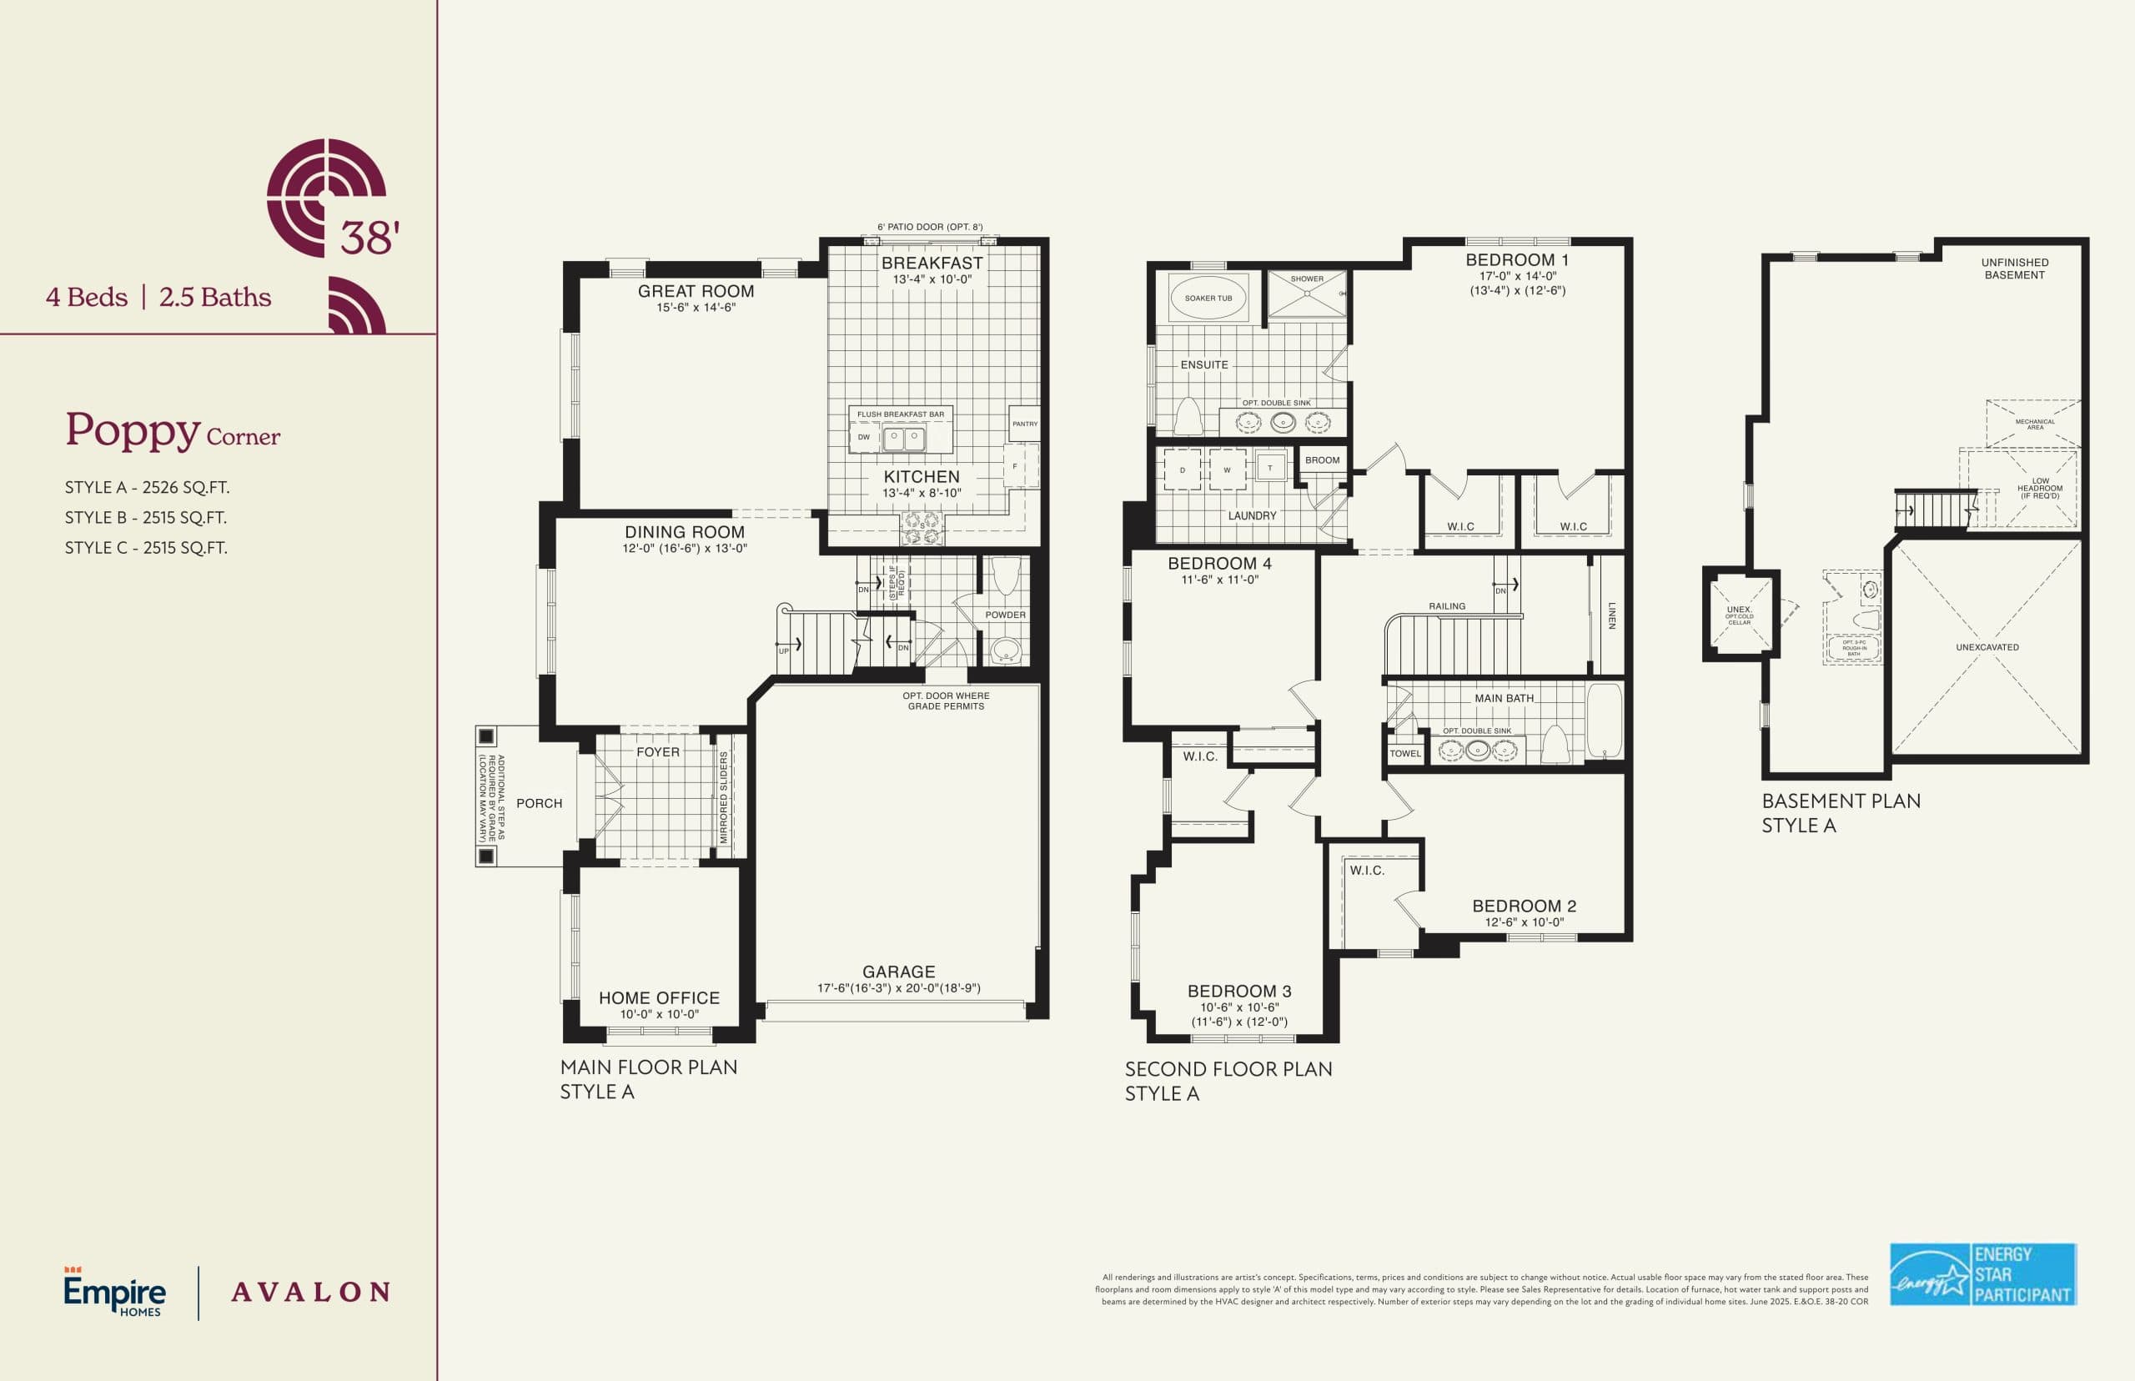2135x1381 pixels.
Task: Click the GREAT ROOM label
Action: point(696,291)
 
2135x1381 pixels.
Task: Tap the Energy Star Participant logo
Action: point(1982,1273)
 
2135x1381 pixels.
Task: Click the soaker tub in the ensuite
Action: point(1208,298)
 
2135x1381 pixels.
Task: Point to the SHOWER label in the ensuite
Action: point(1307,279)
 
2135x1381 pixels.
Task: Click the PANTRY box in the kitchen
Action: point(1024,424)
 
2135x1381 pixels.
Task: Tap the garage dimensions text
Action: point(898,988)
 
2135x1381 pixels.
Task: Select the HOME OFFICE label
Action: point(659,998)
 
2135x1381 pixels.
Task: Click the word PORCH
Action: point(539,803)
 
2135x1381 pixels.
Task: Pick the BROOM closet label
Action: point(1322,460)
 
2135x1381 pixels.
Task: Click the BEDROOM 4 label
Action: point(1219,563)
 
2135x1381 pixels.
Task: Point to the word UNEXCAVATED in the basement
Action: point(1987,646)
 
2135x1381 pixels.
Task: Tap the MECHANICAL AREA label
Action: point(2035,424)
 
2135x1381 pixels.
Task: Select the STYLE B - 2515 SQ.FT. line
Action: point(145,517)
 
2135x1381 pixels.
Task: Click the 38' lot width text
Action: point(369,238)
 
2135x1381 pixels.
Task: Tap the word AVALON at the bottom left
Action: point(310,1293)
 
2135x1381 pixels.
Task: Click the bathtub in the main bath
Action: point(1603,721)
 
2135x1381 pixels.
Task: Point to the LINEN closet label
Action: point(1611,615)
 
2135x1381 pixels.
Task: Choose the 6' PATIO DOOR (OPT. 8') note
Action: point(930,227)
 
